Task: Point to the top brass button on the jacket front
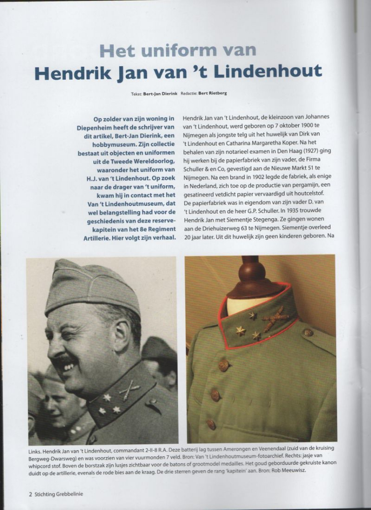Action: click(222, 366)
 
